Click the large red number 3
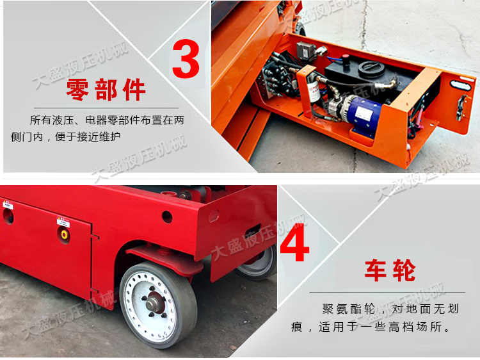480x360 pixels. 186,58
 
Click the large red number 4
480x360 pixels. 295,242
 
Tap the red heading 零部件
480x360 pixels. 106,90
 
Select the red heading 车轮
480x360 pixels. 390,270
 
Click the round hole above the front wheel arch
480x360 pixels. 167,216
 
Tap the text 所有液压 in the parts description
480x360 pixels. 54,120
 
